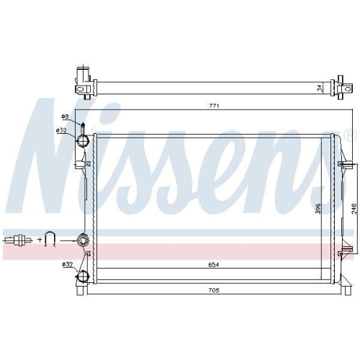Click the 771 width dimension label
click(214, 107)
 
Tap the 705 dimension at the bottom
click(214, 290)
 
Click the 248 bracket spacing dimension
click(354, 209)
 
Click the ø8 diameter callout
click(64, 117)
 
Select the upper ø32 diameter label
click(61, 130)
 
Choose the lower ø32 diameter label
click(67, 265)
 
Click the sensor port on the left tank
click(83, 239)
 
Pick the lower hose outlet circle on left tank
click(84, 277)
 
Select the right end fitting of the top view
click(339, 86)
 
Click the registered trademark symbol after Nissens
click(350, 135)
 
